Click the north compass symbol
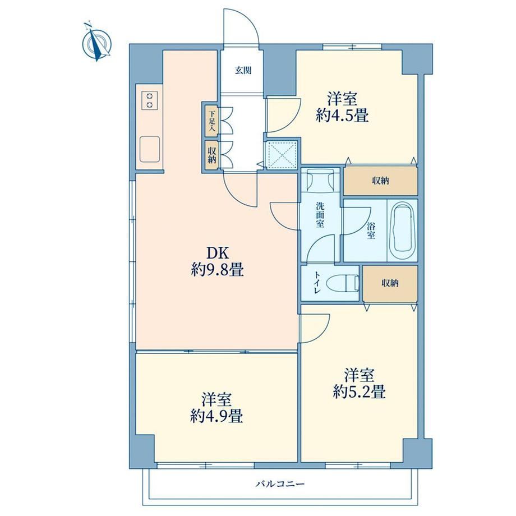pos(96,43)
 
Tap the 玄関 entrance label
pos(243,71)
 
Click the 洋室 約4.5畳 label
pos(342,107)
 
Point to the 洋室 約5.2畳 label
pos(359,384)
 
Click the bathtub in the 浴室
pos(402,231)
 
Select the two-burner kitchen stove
pos(150,100)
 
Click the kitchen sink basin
pos(150,149)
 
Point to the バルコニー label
pos(280,484)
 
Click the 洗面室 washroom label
pos(320,215)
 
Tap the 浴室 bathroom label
pos(371,231)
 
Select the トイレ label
pos(317,282)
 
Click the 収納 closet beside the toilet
pos(390,283)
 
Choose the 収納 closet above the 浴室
pos(381,181)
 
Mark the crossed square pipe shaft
pos(281,154)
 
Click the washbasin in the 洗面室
pos(320,179)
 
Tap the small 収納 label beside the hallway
pos(211,155)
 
